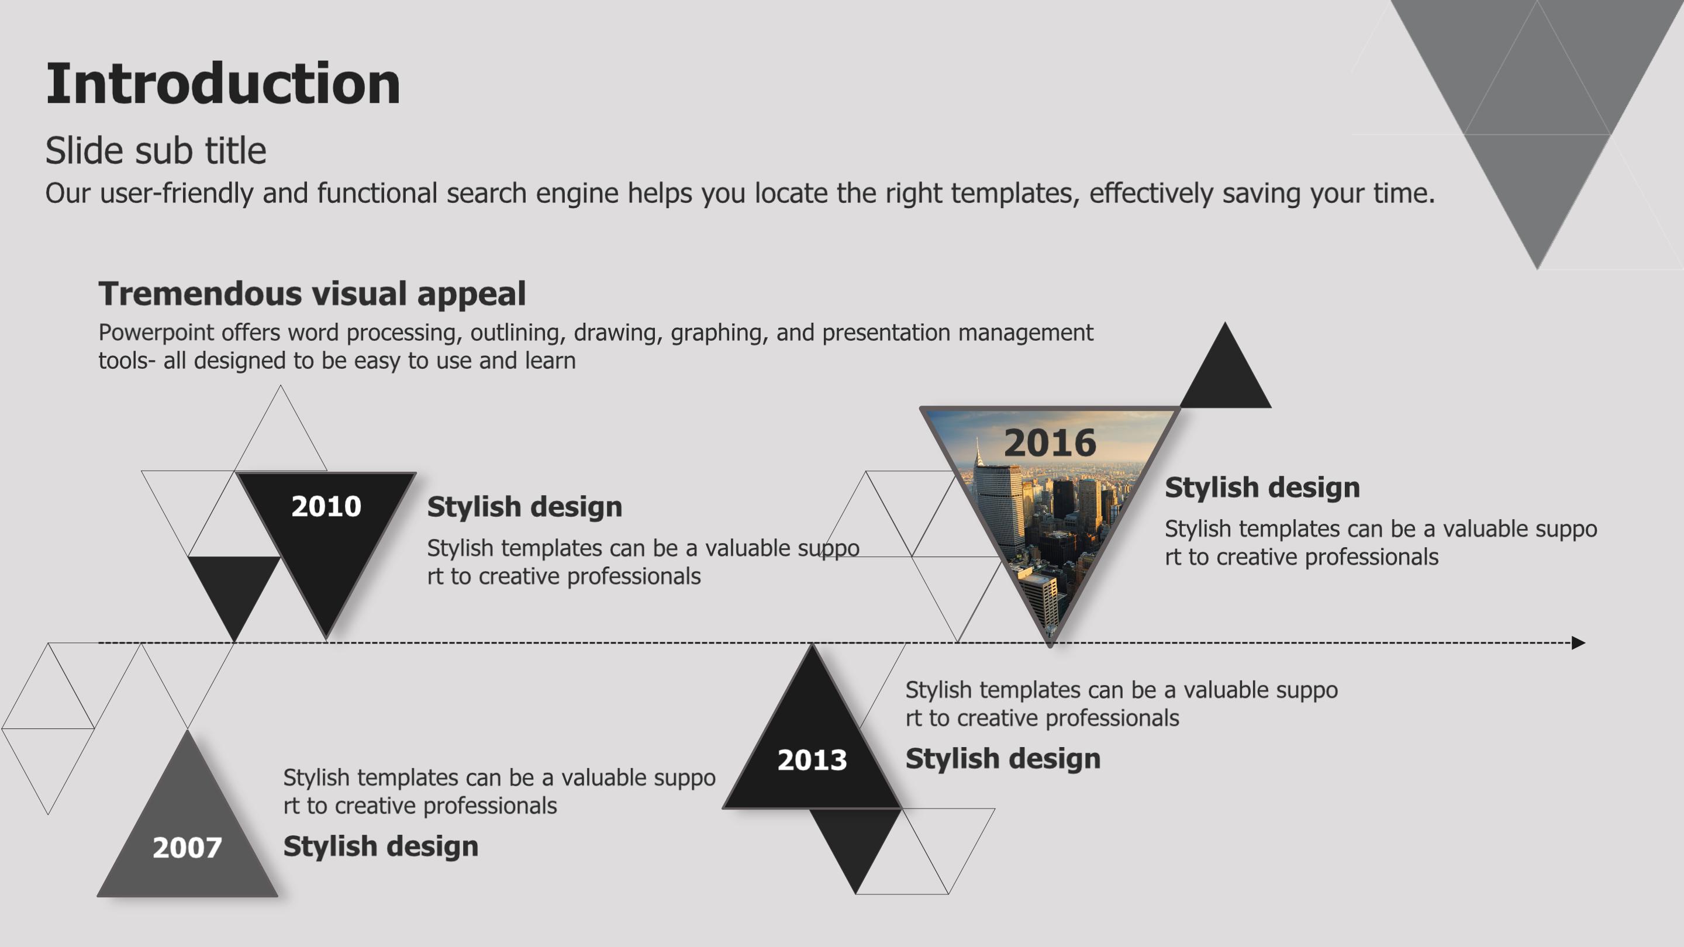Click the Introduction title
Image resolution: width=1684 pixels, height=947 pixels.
point(223,84)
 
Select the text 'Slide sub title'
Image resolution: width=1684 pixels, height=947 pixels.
point(156,150)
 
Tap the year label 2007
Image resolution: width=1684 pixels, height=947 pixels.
point(187,848)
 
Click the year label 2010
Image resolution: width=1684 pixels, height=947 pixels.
point(326,506)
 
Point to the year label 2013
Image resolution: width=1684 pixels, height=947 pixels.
point(812,760)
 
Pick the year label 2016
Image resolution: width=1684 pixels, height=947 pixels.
point(1050,443)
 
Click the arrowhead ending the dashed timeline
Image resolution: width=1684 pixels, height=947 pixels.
point(1578,643)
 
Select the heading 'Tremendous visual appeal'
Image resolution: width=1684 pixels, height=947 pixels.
point(312,294)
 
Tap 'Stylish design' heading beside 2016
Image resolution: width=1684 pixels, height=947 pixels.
point(1262,488)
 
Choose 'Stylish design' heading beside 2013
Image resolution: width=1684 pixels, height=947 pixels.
point(1003,759)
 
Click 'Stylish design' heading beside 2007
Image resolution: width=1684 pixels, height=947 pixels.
point(381,846)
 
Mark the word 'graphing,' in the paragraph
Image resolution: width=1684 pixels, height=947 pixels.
point(719,333)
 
